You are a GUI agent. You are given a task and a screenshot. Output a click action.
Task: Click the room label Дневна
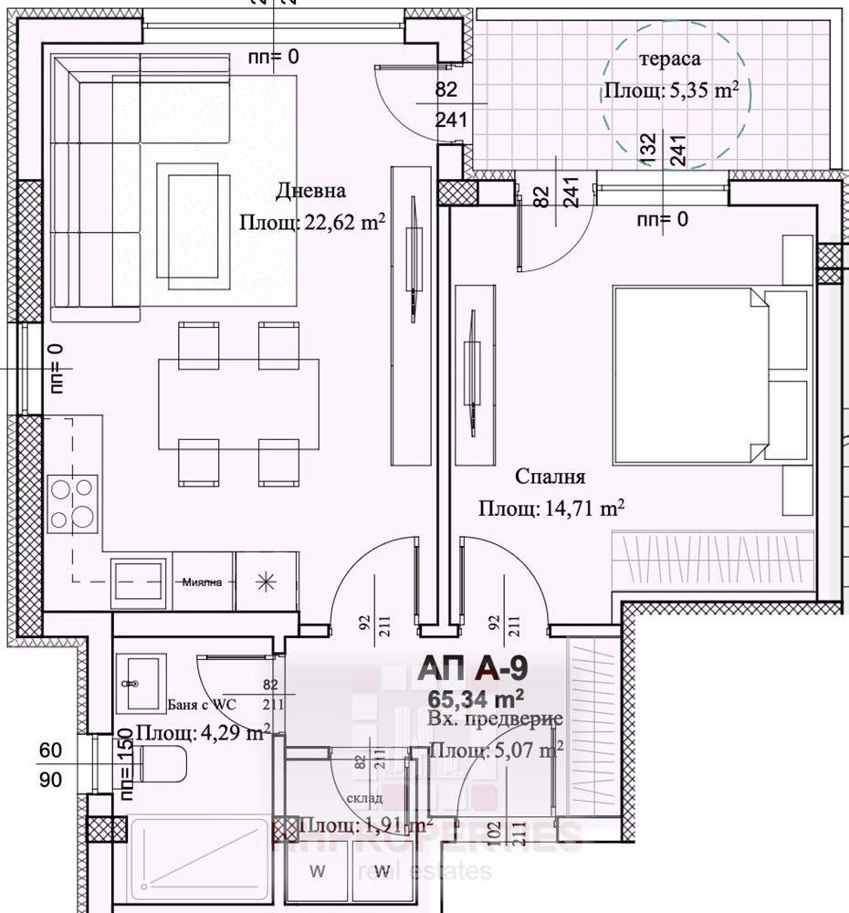click(x=311, y=192)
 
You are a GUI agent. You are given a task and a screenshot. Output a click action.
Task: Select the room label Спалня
click(x=550, y=477)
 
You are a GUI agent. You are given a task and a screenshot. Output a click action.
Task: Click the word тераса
click(x=670, y=59)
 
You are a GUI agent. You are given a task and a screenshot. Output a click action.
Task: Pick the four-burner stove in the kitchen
click(x=73, y=504)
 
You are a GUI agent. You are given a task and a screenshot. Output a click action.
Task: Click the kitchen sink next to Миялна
click(x=140, y=581)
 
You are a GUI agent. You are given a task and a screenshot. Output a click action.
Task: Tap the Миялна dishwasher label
click(x=203, y=582)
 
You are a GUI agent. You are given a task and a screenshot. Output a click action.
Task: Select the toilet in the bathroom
click(x=156, y=764)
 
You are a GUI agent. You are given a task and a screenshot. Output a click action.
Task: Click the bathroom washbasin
click(x=141, y=682)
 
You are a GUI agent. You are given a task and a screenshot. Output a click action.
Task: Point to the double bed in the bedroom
click(x=712, y=376)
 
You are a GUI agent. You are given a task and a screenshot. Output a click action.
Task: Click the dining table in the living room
click(x=238, y=404)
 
